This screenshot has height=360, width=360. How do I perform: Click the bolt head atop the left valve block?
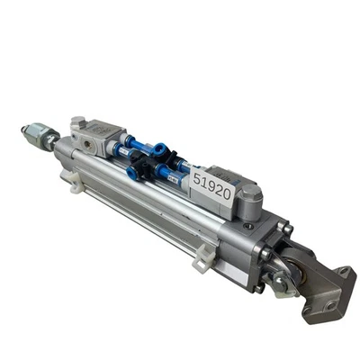tap(77, 121)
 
